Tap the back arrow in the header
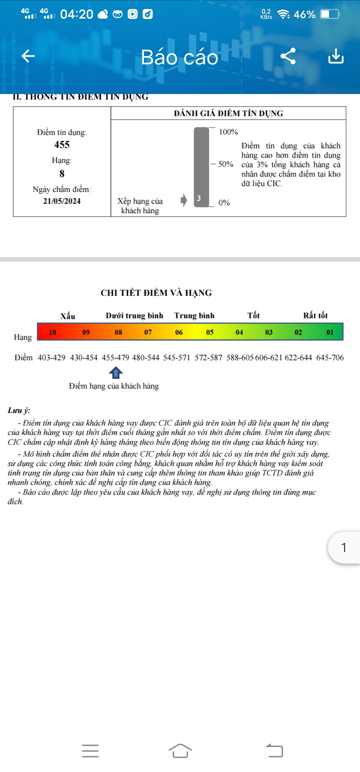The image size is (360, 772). (28, 56)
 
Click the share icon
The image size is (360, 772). (288, 56)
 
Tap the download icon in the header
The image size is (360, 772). (336, 56)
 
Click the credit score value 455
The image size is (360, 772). (62, 145)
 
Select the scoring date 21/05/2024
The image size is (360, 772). (62, 201)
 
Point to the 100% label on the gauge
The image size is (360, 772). (228, 132)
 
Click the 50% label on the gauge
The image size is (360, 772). (226, 164)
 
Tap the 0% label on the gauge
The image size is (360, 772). (224, 203)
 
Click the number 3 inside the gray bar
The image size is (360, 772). (199, 198)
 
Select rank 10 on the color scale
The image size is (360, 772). (52, 332)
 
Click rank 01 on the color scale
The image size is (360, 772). (330, 332)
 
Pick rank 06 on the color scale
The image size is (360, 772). (179, 332)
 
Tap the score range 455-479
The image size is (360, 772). (115, 358)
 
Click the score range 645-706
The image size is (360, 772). (330, 358)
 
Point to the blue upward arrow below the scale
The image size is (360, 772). (116, 372)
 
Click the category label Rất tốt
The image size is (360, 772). (315, 315)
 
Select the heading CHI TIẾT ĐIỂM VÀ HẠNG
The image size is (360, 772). (156, 293)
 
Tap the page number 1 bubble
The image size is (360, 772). (344, 547)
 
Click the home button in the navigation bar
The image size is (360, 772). (180, 751)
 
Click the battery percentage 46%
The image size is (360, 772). (304, 14)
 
